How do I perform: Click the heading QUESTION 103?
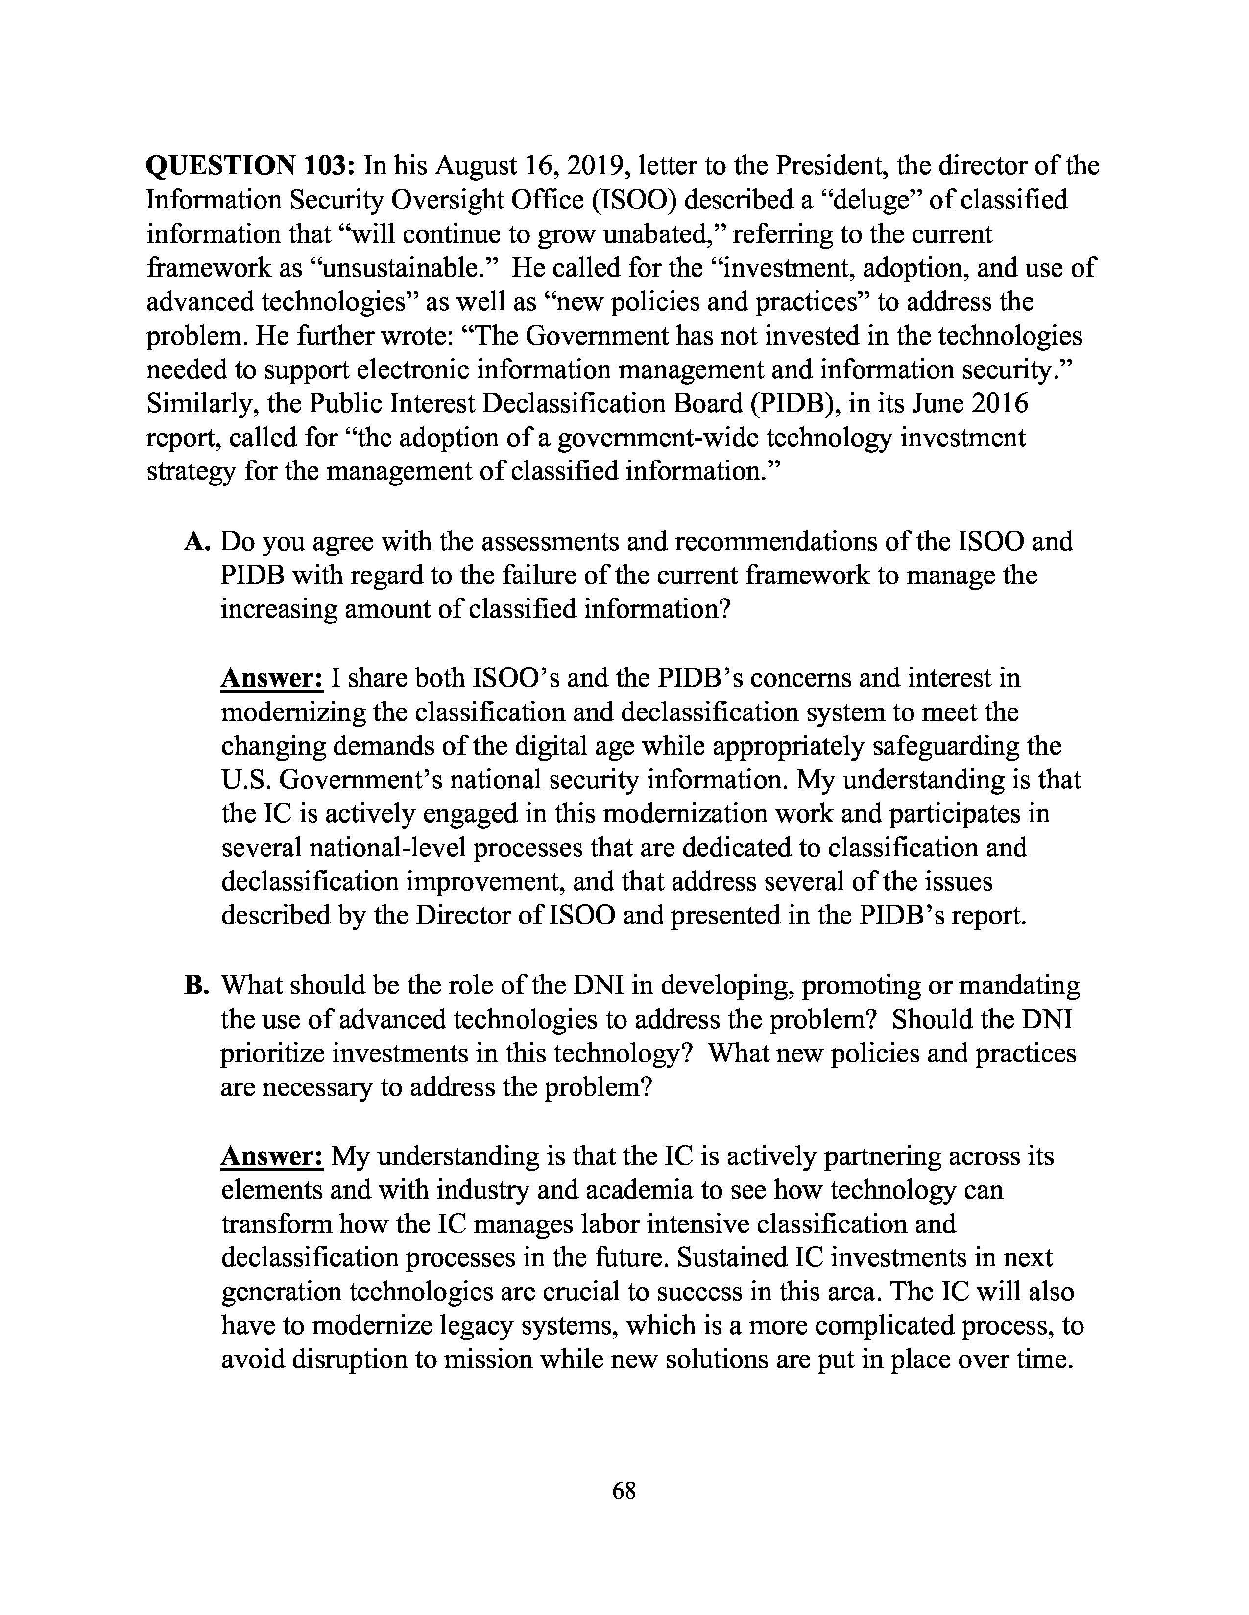point(252,165)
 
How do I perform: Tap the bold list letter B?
point(197,985)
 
